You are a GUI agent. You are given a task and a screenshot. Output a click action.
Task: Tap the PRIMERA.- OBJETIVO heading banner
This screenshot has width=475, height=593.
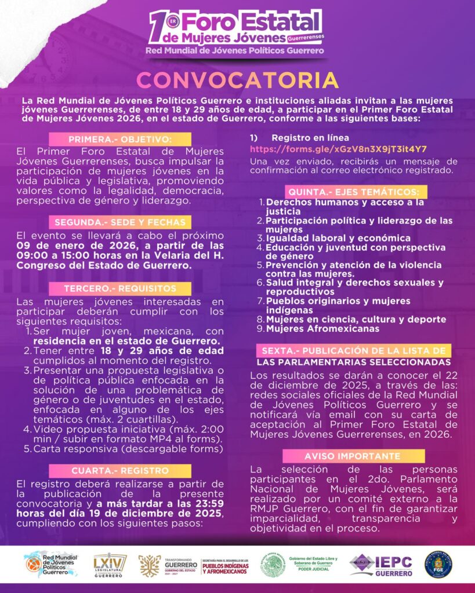[x=120, y=140]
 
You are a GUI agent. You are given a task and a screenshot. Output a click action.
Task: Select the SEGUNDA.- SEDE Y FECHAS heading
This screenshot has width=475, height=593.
[x=120, y=222]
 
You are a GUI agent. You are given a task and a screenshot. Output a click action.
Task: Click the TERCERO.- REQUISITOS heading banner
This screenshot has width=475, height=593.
[x=120, y=288]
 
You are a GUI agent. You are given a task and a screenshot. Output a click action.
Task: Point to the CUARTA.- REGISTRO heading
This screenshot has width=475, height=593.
[x=120, y=471]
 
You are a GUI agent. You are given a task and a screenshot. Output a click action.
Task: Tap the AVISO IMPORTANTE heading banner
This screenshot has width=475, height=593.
[x=353, y=456]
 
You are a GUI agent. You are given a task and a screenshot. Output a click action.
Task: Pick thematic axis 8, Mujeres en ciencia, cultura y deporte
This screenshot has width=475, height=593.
[x=356, y=319]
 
